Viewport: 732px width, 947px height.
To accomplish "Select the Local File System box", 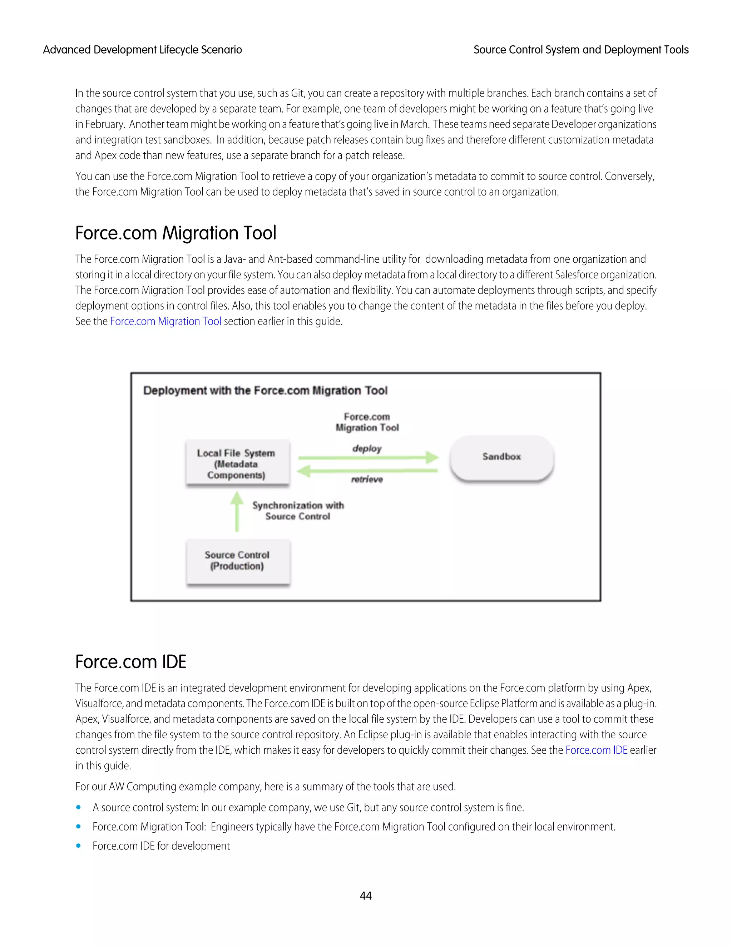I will point(237,463).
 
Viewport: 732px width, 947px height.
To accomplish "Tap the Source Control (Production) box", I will point(237,561).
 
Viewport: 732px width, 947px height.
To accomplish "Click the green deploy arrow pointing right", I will point(369,457).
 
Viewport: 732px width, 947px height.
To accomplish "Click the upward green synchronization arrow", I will point(237,512).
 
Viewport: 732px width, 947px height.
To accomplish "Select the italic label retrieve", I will point(367,479).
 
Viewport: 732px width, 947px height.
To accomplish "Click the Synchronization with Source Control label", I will point(298,511).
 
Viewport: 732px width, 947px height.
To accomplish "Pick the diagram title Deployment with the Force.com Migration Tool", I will point(266,390).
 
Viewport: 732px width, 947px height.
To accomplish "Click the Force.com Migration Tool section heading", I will point(175,233).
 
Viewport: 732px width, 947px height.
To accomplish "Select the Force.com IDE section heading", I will point(130,662).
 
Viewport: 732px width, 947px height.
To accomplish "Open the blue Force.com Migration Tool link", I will point(165,321).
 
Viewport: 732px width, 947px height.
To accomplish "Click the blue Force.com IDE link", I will point(596,750).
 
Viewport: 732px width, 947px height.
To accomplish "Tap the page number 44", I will point(366,896).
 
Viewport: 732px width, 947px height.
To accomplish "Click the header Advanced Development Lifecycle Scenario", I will point(142,50).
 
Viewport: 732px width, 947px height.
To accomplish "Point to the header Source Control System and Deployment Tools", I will point(581,50).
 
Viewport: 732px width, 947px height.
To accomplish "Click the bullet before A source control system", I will point(79,807).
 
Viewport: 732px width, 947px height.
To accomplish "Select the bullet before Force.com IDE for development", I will point(79,846).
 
